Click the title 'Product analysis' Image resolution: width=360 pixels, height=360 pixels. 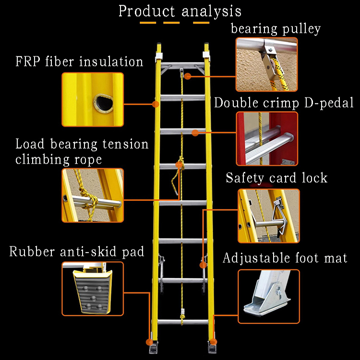point(180,11)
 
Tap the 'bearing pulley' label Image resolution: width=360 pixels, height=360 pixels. point(276,29)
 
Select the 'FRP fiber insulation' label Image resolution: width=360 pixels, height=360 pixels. point(79,62)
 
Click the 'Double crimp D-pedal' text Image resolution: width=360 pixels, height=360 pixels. point(284,103)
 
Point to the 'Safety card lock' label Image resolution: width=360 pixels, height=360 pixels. point(276,178)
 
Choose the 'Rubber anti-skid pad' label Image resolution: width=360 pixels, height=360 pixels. point(76,252)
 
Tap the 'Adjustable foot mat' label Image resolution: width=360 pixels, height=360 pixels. point(285,258)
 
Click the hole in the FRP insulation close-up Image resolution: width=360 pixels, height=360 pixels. point(101,102)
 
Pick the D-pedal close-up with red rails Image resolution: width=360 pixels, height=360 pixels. point(267,139)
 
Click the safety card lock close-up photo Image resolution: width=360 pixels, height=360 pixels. point(268,216)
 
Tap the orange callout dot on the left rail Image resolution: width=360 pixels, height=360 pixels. point(155,103)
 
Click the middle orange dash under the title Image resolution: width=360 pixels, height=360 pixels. point(171,23)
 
